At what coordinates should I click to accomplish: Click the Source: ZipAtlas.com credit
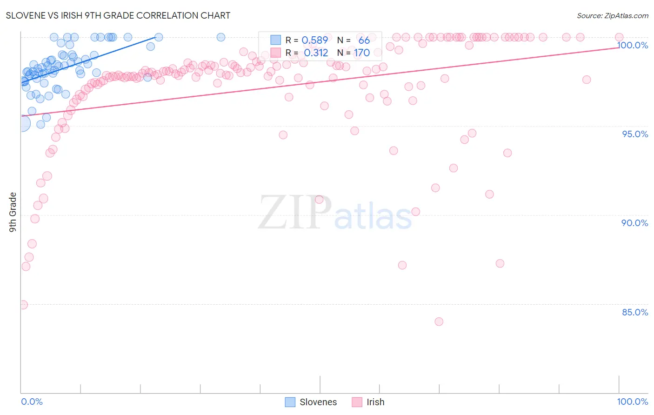(612, 15)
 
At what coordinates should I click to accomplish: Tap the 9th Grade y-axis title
(13, 212)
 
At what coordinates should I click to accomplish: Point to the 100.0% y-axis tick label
(632, 45)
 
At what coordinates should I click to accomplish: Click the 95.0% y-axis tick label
(635, 134)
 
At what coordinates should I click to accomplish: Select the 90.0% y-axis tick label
(634, 223)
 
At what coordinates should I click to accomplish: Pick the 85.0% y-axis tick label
(635, 312)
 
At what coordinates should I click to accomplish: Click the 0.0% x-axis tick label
(32, 402)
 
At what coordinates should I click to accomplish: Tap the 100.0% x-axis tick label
(632, 402)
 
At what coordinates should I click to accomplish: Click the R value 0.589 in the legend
(315, 40)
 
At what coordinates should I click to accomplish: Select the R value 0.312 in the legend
(316, 53)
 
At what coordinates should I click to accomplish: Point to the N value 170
(361, 53)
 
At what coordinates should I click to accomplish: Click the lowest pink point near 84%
(439, 321)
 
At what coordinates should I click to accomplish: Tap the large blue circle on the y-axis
(22, 124)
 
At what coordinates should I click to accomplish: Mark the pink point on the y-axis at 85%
(23, 305)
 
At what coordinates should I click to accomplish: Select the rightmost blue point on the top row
(221, 37)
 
